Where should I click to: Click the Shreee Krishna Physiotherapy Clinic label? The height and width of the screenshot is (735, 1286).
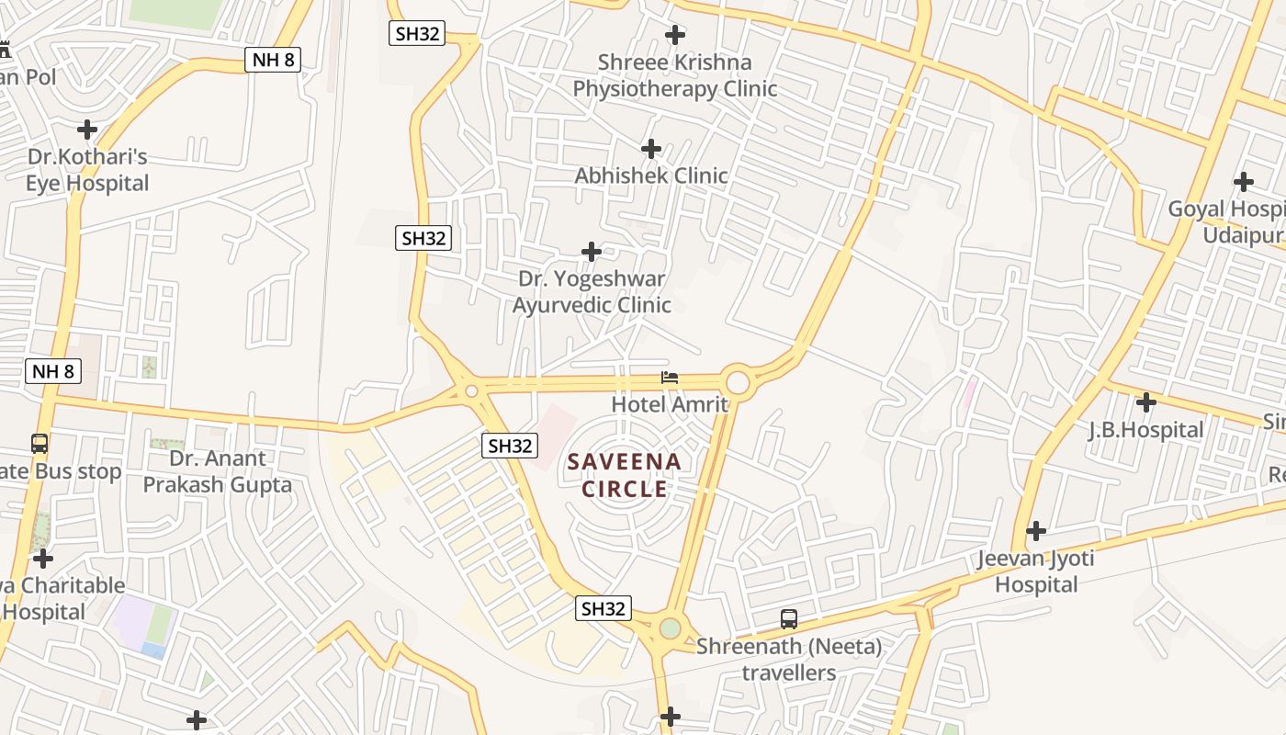tap(675, 75)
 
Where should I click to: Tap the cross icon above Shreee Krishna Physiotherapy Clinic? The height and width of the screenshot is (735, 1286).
tap(675, 35)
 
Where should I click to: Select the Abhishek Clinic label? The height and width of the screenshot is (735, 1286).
tap(651, 175)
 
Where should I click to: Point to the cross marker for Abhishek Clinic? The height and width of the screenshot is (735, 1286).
tap(651, 148)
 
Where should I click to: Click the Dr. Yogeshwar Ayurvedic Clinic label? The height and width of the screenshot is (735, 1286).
tap(592, 291)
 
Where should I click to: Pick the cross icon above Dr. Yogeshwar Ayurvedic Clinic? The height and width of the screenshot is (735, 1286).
tap(592, 251)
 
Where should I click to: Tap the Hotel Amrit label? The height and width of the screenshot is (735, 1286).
tap(670, 404)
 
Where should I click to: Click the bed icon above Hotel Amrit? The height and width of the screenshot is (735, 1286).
tap(670, 378)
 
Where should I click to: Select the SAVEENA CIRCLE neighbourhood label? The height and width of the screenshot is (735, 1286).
tap(625, 475)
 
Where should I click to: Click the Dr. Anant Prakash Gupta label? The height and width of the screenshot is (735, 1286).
tap(218, 471)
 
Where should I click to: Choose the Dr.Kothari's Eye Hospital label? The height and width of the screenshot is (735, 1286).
tap(87, 170)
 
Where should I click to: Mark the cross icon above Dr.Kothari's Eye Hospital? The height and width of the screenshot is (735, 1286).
tap(87, 130)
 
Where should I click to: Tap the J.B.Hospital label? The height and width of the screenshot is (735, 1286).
tap(1145, 430)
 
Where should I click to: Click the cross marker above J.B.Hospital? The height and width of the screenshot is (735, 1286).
tap(1145, 402)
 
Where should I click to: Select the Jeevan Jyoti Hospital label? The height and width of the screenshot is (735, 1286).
tap(1036, 571)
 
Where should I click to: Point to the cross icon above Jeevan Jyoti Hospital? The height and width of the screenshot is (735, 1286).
tap(1036, 531)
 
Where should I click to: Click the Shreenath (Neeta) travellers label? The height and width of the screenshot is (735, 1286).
tap(789, 660)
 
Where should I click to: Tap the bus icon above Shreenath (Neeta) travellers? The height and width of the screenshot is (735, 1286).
tap(789, 619)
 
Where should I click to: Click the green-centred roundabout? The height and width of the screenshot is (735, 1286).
tap(671, 628)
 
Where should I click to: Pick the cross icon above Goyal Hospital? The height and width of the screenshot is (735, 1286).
tap(1244, 182)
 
